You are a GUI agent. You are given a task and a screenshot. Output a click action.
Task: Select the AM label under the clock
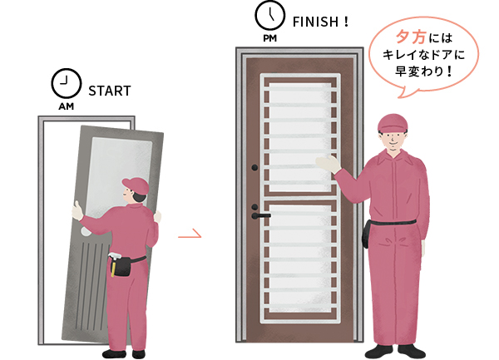coord(65,107)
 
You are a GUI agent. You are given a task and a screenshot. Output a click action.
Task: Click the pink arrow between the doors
coord(190,235)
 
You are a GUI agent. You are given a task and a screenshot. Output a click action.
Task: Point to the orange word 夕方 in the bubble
coord(408,38)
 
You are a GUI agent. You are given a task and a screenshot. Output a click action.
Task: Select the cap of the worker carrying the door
coord(135,182)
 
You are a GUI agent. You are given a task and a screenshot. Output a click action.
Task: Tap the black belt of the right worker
coord(395,223)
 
